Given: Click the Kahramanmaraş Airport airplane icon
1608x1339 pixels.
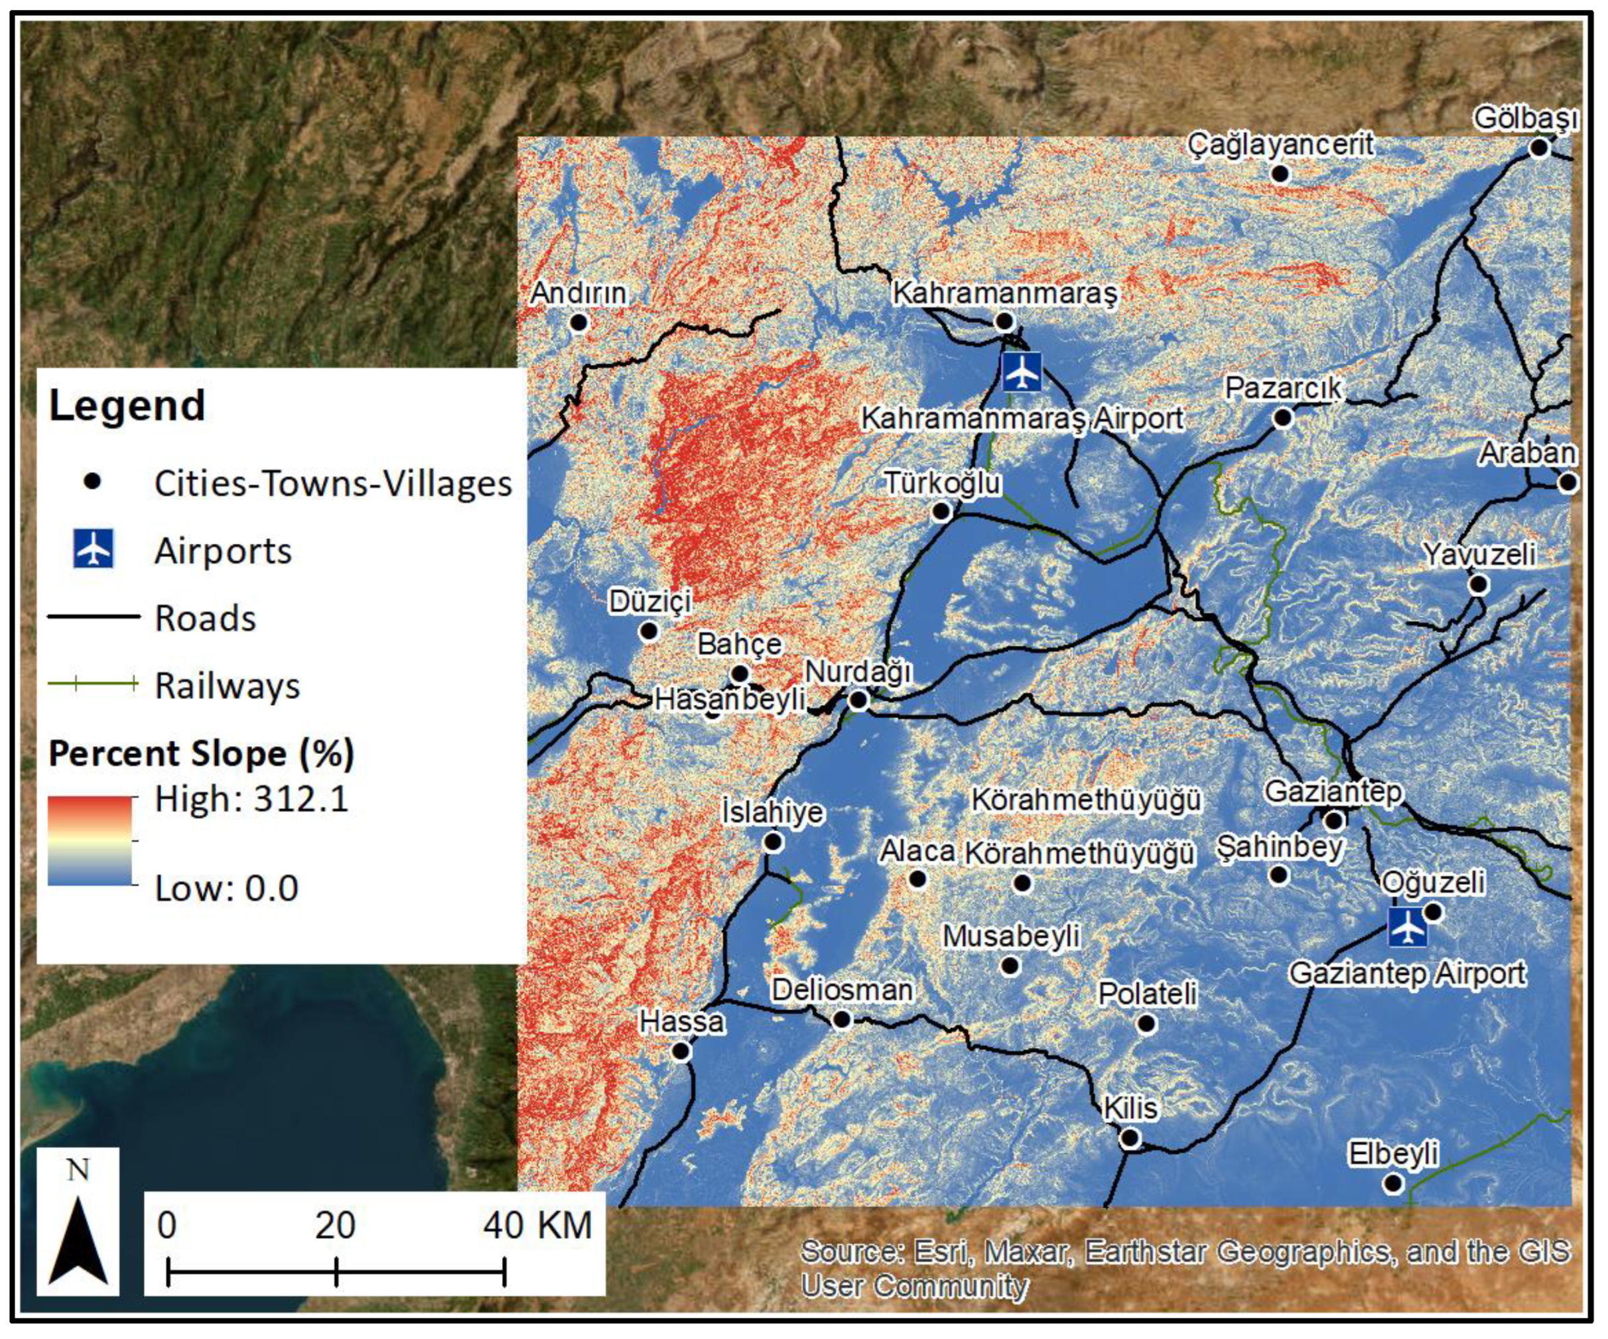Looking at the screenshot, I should (1022, 372).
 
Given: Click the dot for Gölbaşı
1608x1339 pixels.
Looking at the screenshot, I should (1539, 148).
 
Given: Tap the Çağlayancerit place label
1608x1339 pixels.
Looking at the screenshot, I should (1280, 144).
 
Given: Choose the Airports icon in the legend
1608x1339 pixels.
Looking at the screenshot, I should (94, 549).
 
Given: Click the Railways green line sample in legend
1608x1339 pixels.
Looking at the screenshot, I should (94, 684).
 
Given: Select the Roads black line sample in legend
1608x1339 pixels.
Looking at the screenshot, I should (94, 616).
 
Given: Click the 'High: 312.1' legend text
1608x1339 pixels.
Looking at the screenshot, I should (251, 799).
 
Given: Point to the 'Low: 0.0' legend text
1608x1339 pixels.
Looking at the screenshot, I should (227, 889).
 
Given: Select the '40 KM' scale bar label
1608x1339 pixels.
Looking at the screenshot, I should (537, 1225).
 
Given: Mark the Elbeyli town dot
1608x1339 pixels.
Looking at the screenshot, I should (1393, 1184).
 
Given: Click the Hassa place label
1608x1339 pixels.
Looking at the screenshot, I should (681, 1021).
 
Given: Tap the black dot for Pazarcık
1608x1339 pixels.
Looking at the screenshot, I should (1282, 418).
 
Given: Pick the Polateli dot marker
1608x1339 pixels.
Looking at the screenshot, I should (1146, 1023).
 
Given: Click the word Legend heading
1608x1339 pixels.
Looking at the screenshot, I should (127, 405).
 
